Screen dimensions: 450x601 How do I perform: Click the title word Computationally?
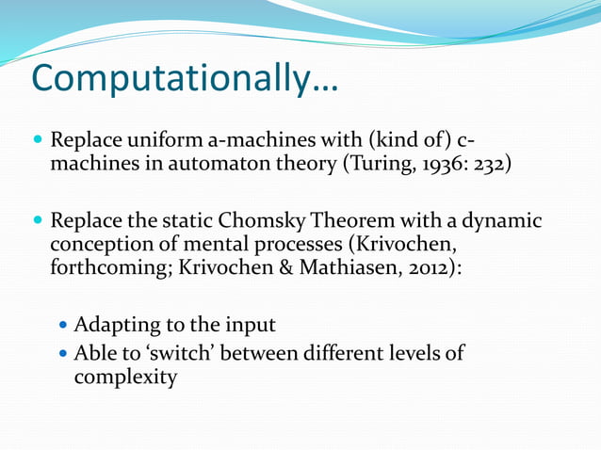[x=184, y=79]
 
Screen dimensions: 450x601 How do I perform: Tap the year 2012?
[x=426, y=267]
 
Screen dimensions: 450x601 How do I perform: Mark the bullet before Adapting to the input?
[x=63, y=326]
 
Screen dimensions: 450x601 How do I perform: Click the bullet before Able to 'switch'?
[x=63, y=354]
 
